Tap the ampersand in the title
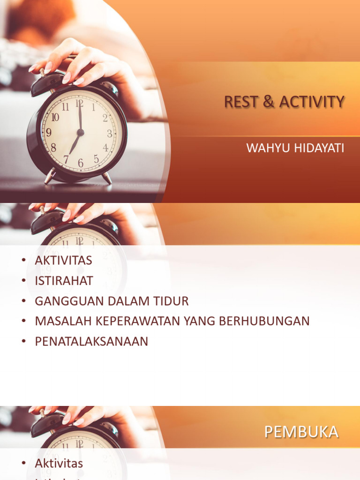(x=269, y=102)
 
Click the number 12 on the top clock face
(x=80, y=103)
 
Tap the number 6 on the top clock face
(x=81, y=163)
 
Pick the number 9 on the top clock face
(x=48, y=133)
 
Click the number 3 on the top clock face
(x=110, y=134)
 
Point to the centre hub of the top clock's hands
(x=80, y=133)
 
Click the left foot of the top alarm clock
(x=50, y=177)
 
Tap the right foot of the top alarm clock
(x=107, y=178)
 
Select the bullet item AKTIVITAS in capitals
(x=63, y=261)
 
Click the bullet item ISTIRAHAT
(x=64, y=281)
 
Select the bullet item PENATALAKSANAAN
(x=91, y=341)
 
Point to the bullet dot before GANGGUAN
(x=23, y=301)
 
